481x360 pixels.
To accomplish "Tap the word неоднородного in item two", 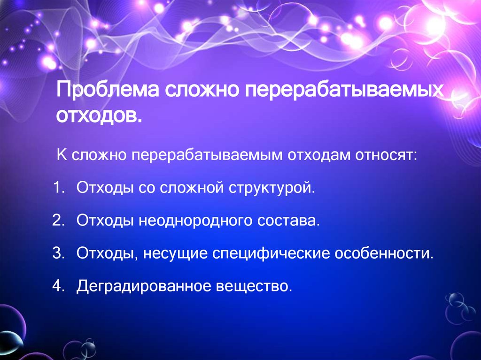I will pos(194,221).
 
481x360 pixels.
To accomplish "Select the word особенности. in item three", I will pos(383,253).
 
